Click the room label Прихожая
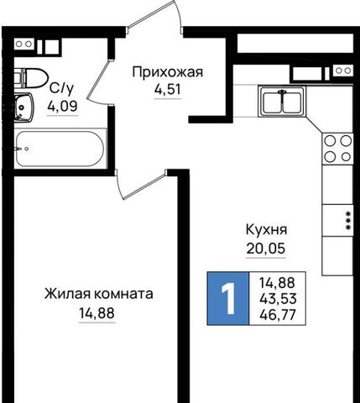168,73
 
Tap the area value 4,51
168,90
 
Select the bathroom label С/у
62,89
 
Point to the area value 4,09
62,106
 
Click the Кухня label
266,230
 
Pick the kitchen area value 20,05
266,249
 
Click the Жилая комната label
99,294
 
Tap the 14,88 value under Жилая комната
97,313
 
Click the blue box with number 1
227,298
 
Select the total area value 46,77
278,315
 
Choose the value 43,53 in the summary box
278,299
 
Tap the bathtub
60,149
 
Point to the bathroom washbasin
23,107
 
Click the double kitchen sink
282,102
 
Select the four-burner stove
337,149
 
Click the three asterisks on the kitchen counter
348,221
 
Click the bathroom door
99,80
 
